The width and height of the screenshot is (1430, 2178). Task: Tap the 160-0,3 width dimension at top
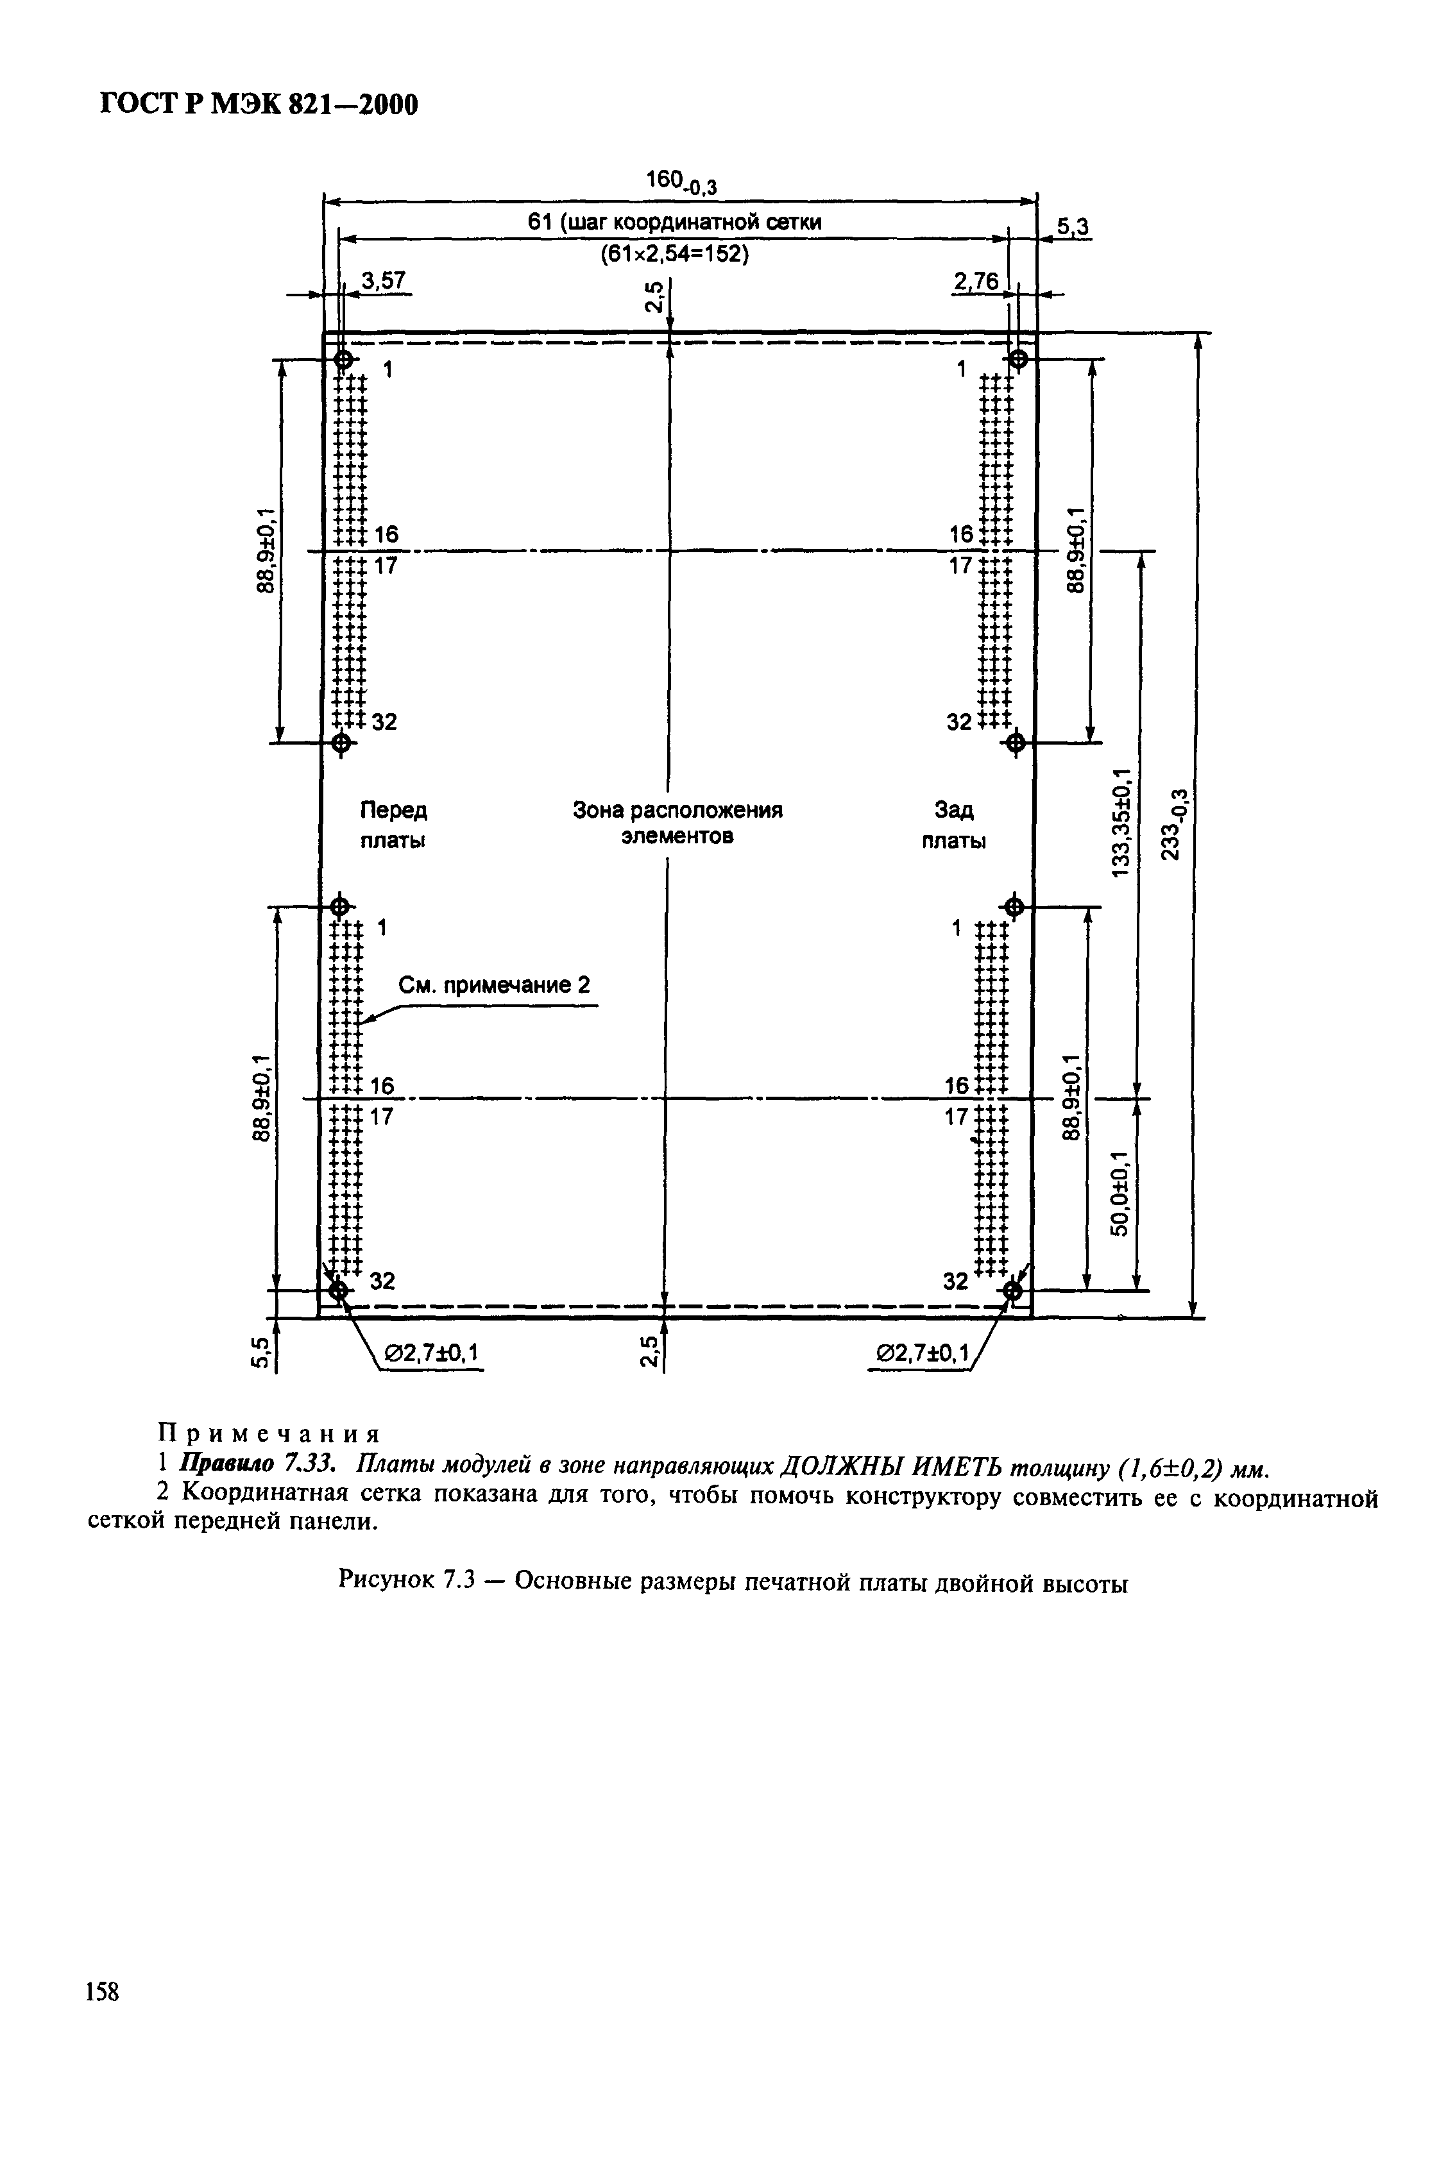681,182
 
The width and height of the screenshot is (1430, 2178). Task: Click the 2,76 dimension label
975,282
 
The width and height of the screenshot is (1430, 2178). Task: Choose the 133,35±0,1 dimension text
1123,823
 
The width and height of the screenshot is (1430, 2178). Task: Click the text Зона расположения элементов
677,823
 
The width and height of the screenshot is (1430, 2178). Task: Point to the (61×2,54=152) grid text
675,255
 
